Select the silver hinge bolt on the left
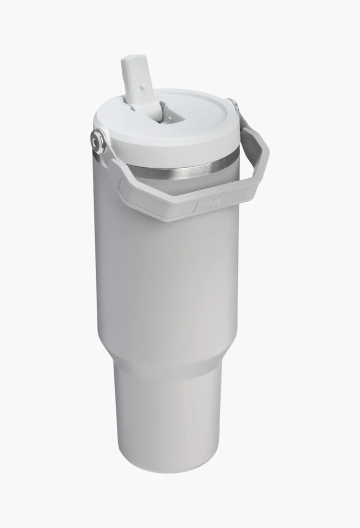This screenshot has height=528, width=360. coord(99,141)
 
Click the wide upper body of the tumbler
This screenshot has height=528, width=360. coord(165,280)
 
